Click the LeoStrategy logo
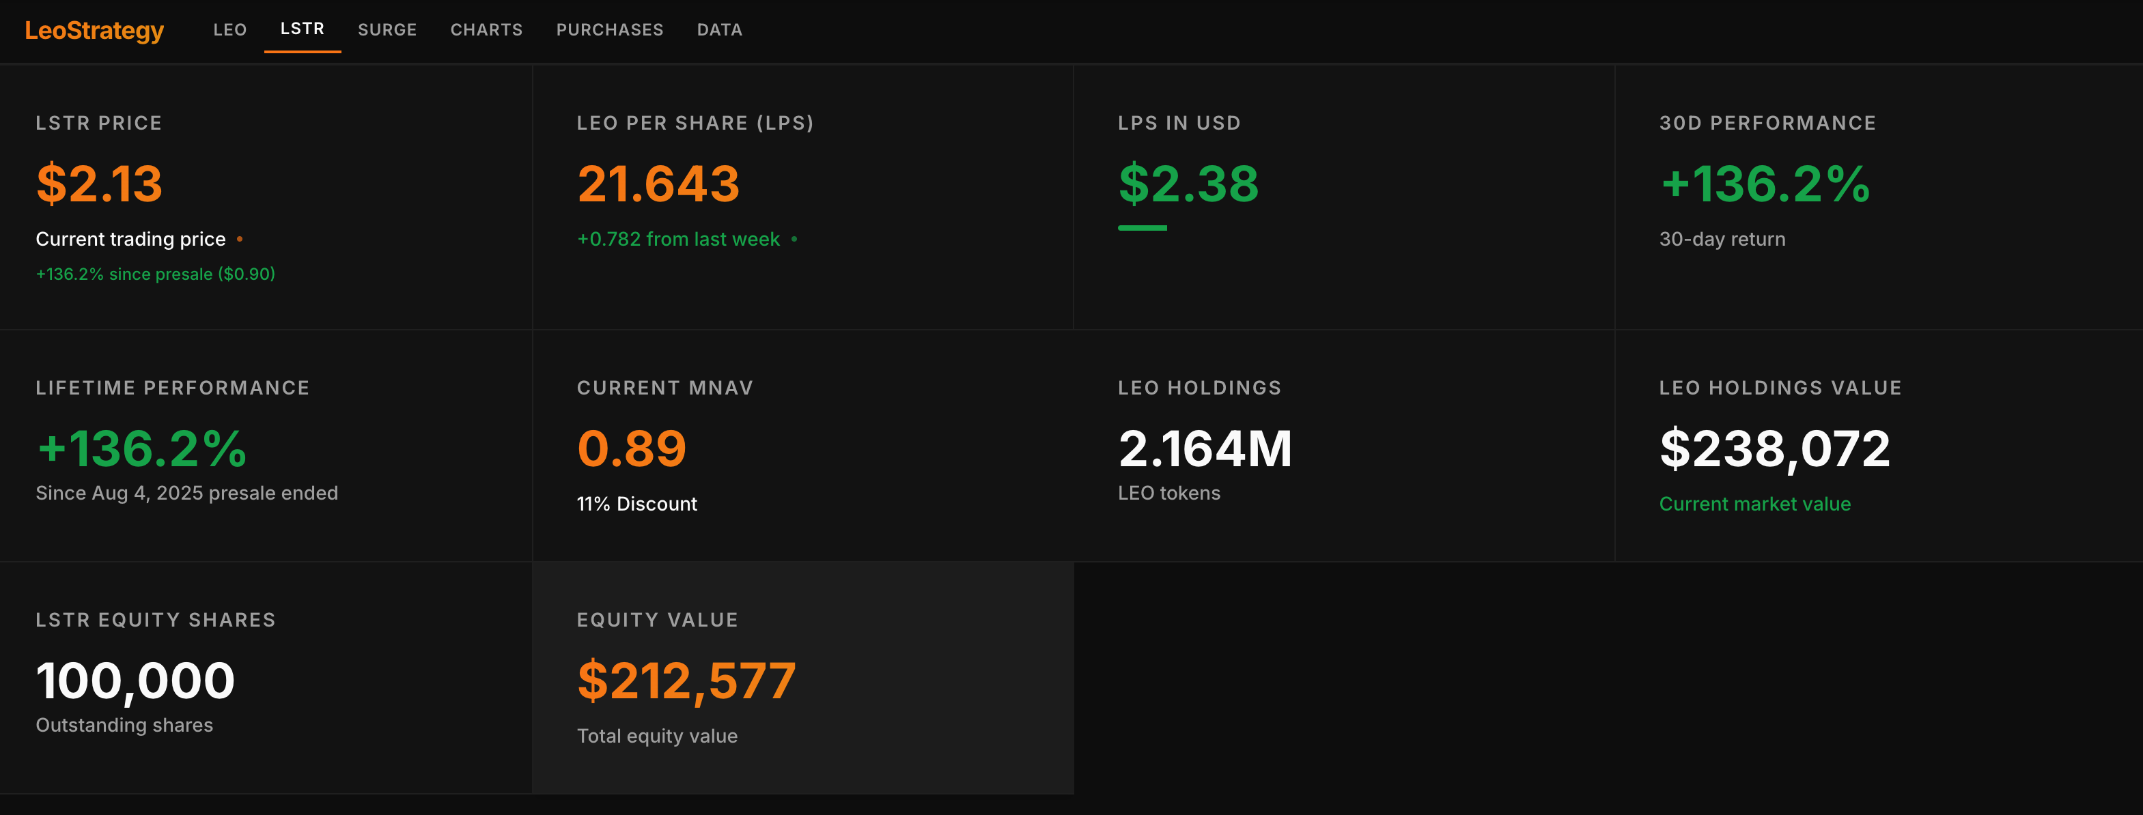coord(94,31)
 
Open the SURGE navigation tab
coord(387,30)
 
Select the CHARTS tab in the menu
coord(486,30)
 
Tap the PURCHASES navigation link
coord(609,30)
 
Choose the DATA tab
coord(718,30)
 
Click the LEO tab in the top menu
coord(229,30)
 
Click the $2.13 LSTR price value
coord(99,183)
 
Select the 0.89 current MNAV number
coord(632,448)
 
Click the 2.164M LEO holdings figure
coord(1205,448)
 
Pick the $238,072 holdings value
coord(1774,448)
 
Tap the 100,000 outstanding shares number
coord(135,681)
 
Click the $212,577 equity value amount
coord(686,681)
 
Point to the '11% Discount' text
coord(636,504)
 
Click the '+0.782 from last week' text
coord(678,240)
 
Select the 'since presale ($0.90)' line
coord(156,274)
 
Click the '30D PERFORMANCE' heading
coord(1767,123)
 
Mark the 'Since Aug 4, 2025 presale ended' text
coord(186,493)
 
